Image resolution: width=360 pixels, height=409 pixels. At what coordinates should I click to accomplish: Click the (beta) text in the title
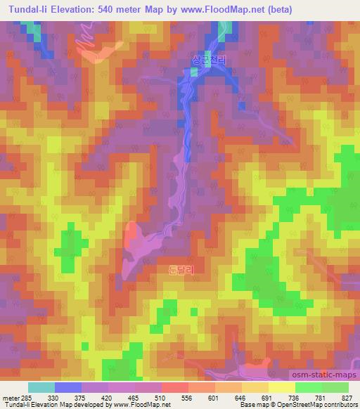[277, 9]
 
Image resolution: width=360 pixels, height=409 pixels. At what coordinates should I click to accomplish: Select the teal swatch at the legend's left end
[41, 387]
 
